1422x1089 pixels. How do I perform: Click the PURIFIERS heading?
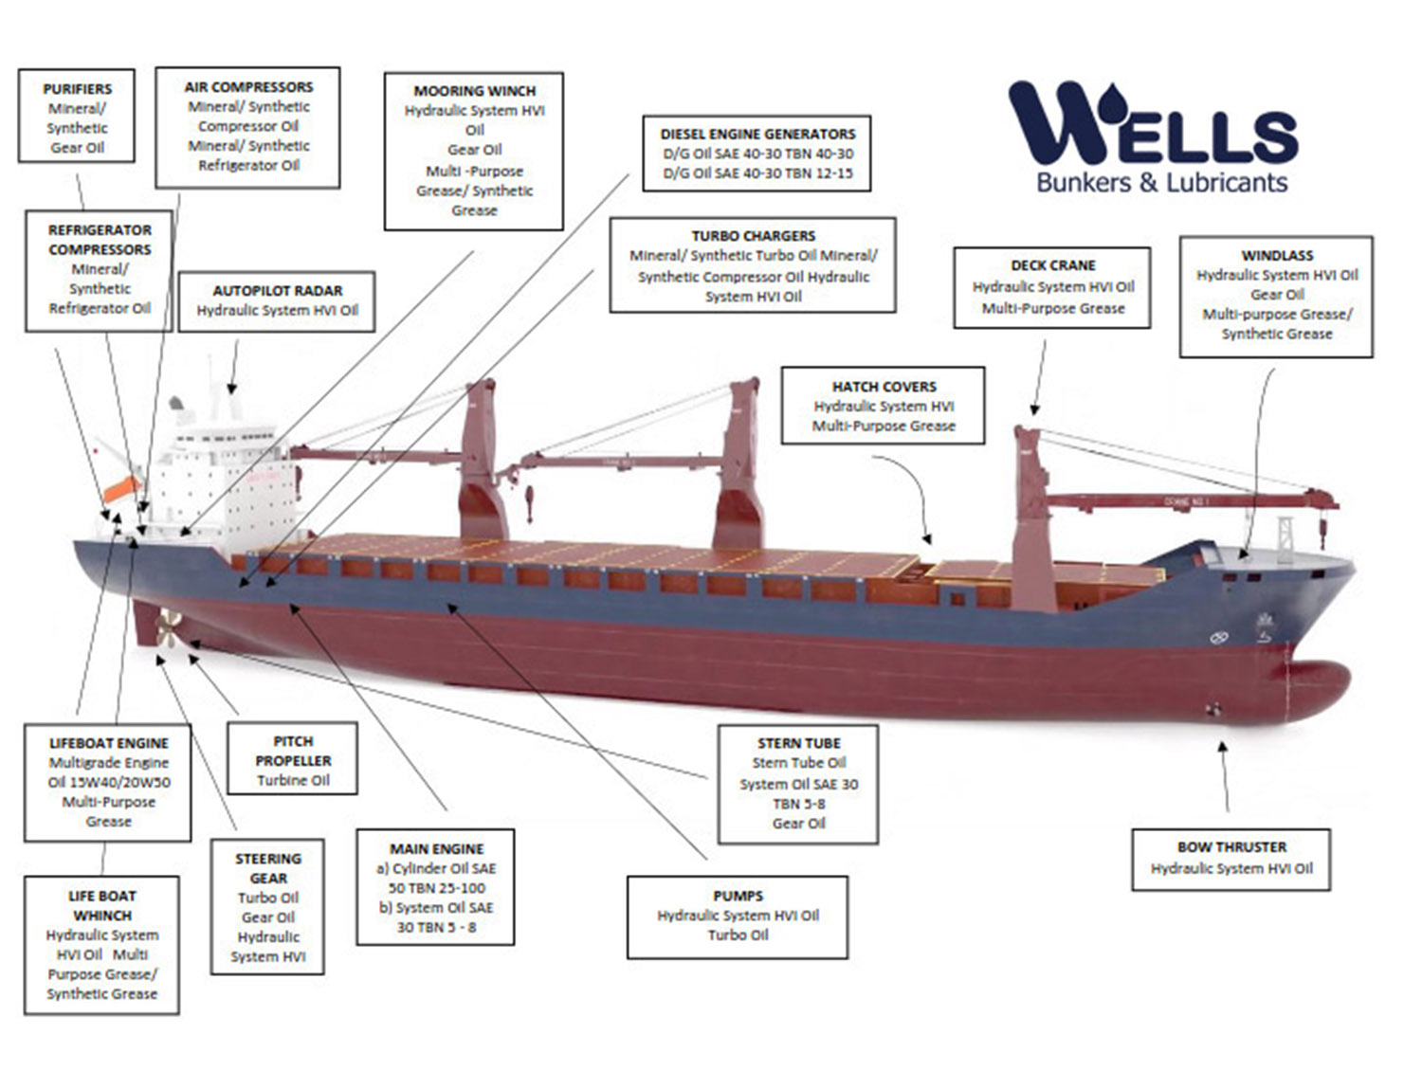click(x=77, y=89)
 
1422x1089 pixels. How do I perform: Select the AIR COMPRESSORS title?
click(x=248, y=87)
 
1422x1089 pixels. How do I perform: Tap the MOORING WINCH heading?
click(x=474, y=91)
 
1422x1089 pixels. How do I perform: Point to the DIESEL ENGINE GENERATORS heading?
click(x=757, y=135)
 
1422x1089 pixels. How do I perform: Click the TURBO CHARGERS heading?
click(x=753, y=236)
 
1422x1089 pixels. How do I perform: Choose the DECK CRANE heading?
click(x=1052, y=265)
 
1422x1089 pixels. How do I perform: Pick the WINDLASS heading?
click(x=1277, y=256)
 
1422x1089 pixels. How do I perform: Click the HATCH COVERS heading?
click(x=884, y=387)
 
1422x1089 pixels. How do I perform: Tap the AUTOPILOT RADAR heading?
click(x=277, y=291)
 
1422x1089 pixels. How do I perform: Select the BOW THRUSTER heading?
click(x=1231, y=847)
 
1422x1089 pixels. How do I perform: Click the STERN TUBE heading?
click(x=798, y=744)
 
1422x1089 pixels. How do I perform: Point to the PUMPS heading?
click(x=738, y=896)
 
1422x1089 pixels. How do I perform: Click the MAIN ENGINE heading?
click(x=436, y=849)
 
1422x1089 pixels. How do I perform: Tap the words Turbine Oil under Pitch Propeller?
click(x=293, y=781)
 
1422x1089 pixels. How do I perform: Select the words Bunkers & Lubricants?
click(x=1161, y=182)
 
